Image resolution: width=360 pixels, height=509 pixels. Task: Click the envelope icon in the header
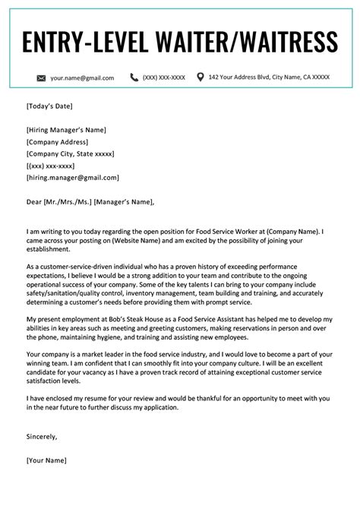click(x=41, y=77)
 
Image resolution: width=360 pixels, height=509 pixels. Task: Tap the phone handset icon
click(x=134, y=77)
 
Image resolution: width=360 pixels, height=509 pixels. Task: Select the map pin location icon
click(x=201, y=77)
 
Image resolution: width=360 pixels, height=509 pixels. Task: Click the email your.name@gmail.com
click(x=82, y=77)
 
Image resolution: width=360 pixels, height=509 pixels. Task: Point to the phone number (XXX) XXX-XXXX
click(x=164, y=77)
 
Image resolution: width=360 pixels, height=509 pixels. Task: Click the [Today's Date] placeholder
click(x=49, y=106)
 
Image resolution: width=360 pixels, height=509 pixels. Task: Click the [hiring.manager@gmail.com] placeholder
click(x=72, y=178)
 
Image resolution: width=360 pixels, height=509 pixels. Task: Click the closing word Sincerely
click(x=43, y=416)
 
